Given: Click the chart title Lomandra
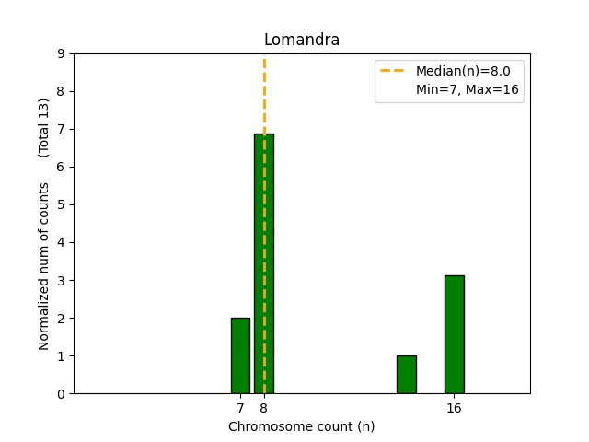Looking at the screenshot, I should coord(301,40).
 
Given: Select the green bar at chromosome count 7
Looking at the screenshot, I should coord(240,355).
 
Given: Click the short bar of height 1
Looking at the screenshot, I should coord(406,375).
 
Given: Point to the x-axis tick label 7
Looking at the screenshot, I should coord(240,408).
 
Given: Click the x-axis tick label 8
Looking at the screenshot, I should coord(264,408).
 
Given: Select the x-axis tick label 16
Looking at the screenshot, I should coord(454,408).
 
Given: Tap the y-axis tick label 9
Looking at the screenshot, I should coord(61,53).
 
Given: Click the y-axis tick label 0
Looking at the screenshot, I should coord(61,393).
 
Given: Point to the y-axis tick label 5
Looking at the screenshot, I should coord(61,204).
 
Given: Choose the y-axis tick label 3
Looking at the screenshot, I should coord(61,280).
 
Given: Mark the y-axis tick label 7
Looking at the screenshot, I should coord(61,129).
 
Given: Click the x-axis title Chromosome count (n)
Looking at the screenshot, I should coord(301,426).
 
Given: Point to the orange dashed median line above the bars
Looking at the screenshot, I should coord(264,92).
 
